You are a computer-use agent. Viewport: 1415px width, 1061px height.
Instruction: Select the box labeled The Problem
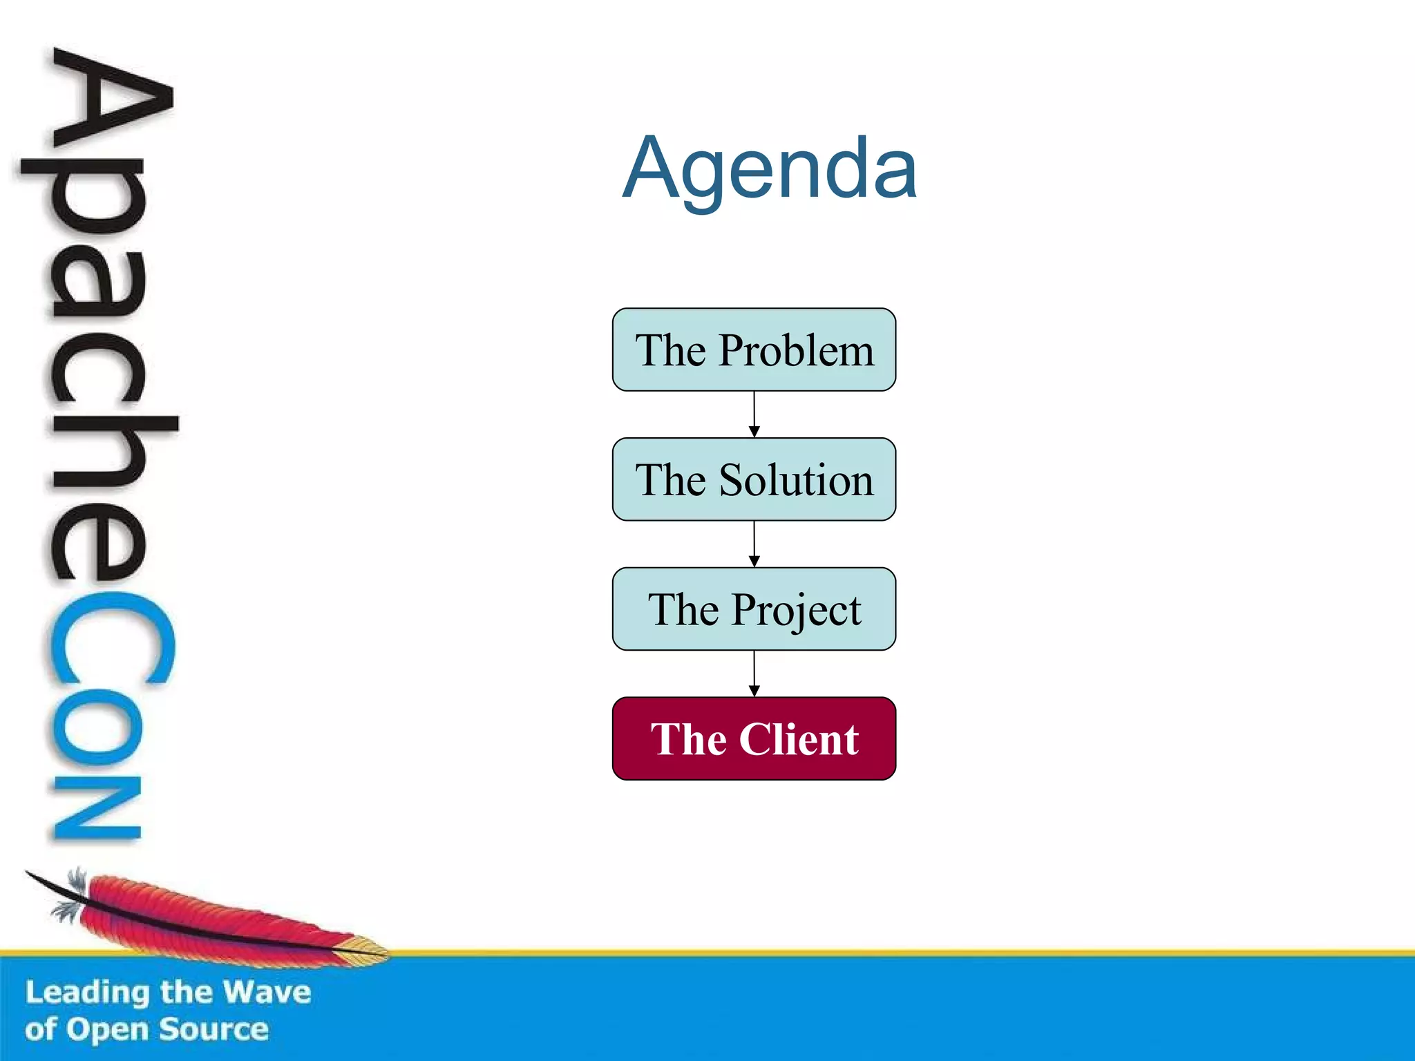coord(754,350)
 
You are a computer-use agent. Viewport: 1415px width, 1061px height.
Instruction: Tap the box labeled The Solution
coord(754,479)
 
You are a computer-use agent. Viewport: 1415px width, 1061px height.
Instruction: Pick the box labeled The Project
coord(754,609)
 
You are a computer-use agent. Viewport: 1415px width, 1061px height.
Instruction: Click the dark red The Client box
coord(754,738)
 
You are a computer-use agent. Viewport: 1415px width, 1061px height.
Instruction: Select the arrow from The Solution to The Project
coord(754,544)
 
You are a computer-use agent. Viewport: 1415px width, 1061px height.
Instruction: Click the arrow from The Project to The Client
coord(754,673)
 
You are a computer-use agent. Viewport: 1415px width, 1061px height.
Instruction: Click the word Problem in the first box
coord(796,350)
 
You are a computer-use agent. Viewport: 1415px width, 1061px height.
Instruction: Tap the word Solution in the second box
coord(796,480)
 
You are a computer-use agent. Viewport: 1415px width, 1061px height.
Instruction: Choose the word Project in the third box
coord(796,611)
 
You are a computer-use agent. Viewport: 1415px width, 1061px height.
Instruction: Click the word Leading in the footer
coord(87,993)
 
